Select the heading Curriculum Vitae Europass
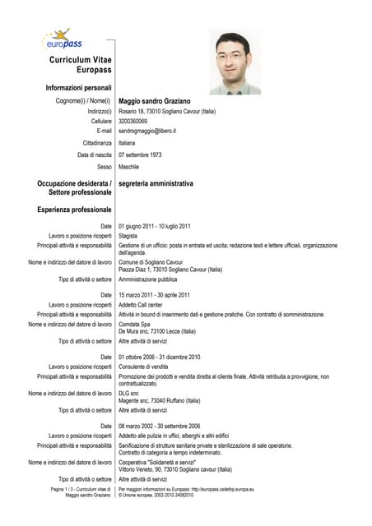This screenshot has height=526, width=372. (x=81, y=66)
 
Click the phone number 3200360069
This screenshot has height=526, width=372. (x=133, y=121)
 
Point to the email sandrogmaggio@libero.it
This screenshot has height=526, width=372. (x=147, y=131)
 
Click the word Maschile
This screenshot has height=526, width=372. (x=129, y=166)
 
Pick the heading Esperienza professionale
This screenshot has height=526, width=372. (x=74, y=210)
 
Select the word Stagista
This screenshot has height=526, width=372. (x=128, y=236)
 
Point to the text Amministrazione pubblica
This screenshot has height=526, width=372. (x=148, y=279)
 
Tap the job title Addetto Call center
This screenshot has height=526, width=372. (x=141, y=305)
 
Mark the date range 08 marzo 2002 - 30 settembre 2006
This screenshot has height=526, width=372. (x=160, y=426)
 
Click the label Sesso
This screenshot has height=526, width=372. (x=105, y=166)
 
